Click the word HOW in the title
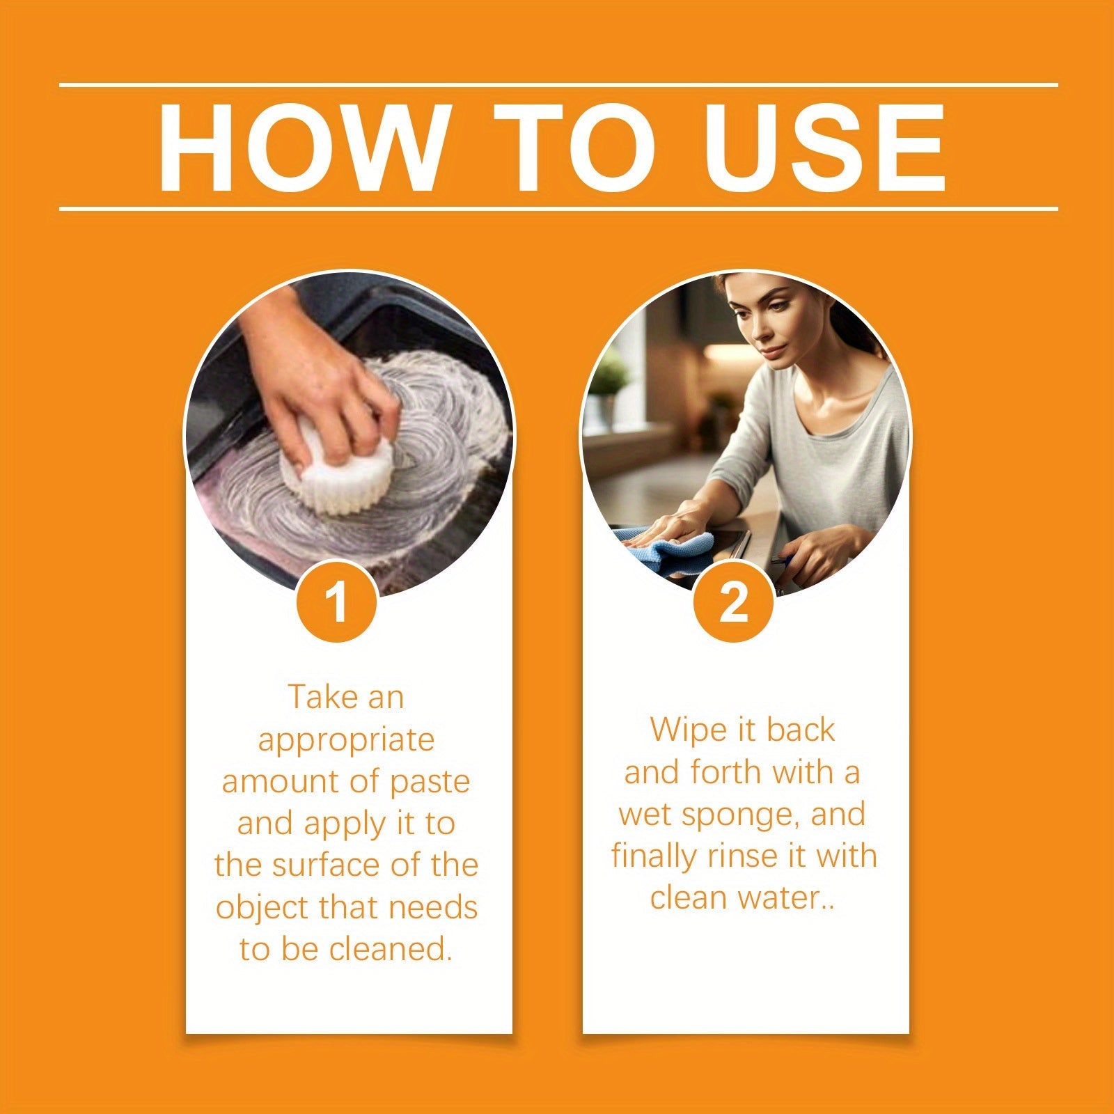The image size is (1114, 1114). point(301,148)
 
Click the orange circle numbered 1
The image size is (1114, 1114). point(337,602)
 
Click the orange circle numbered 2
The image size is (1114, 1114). point(733,602)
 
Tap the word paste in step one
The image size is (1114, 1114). point(430,782)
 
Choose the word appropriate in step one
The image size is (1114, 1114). point(346,740)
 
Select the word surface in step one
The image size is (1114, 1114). point(325,865)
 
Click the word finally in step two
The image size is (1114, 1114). point(654,856)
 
